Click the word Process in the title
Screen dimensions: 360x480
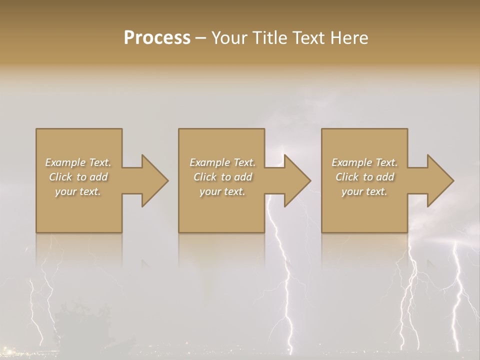[157, 38]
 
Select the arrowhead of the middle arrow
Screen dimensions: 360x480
[296, 180]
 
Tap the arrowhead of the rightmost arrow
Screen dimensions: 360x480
[439, 180]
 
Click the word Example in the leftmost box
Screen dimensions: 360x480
[65, 162]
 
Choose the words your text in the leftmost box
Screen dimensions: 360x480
[78, 191]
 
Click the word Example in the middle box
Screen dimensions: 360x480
[209, 162]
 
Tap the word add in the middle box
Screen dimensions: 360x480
[242, 177]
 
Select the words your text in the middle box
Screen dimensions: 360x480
[222, 191]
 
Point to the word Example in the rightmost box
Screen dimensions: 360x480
[351, 162]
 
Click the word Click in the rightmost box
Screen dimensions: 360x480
[347, 177]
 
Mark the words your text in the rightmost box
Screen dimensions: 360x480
[364, 191]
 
